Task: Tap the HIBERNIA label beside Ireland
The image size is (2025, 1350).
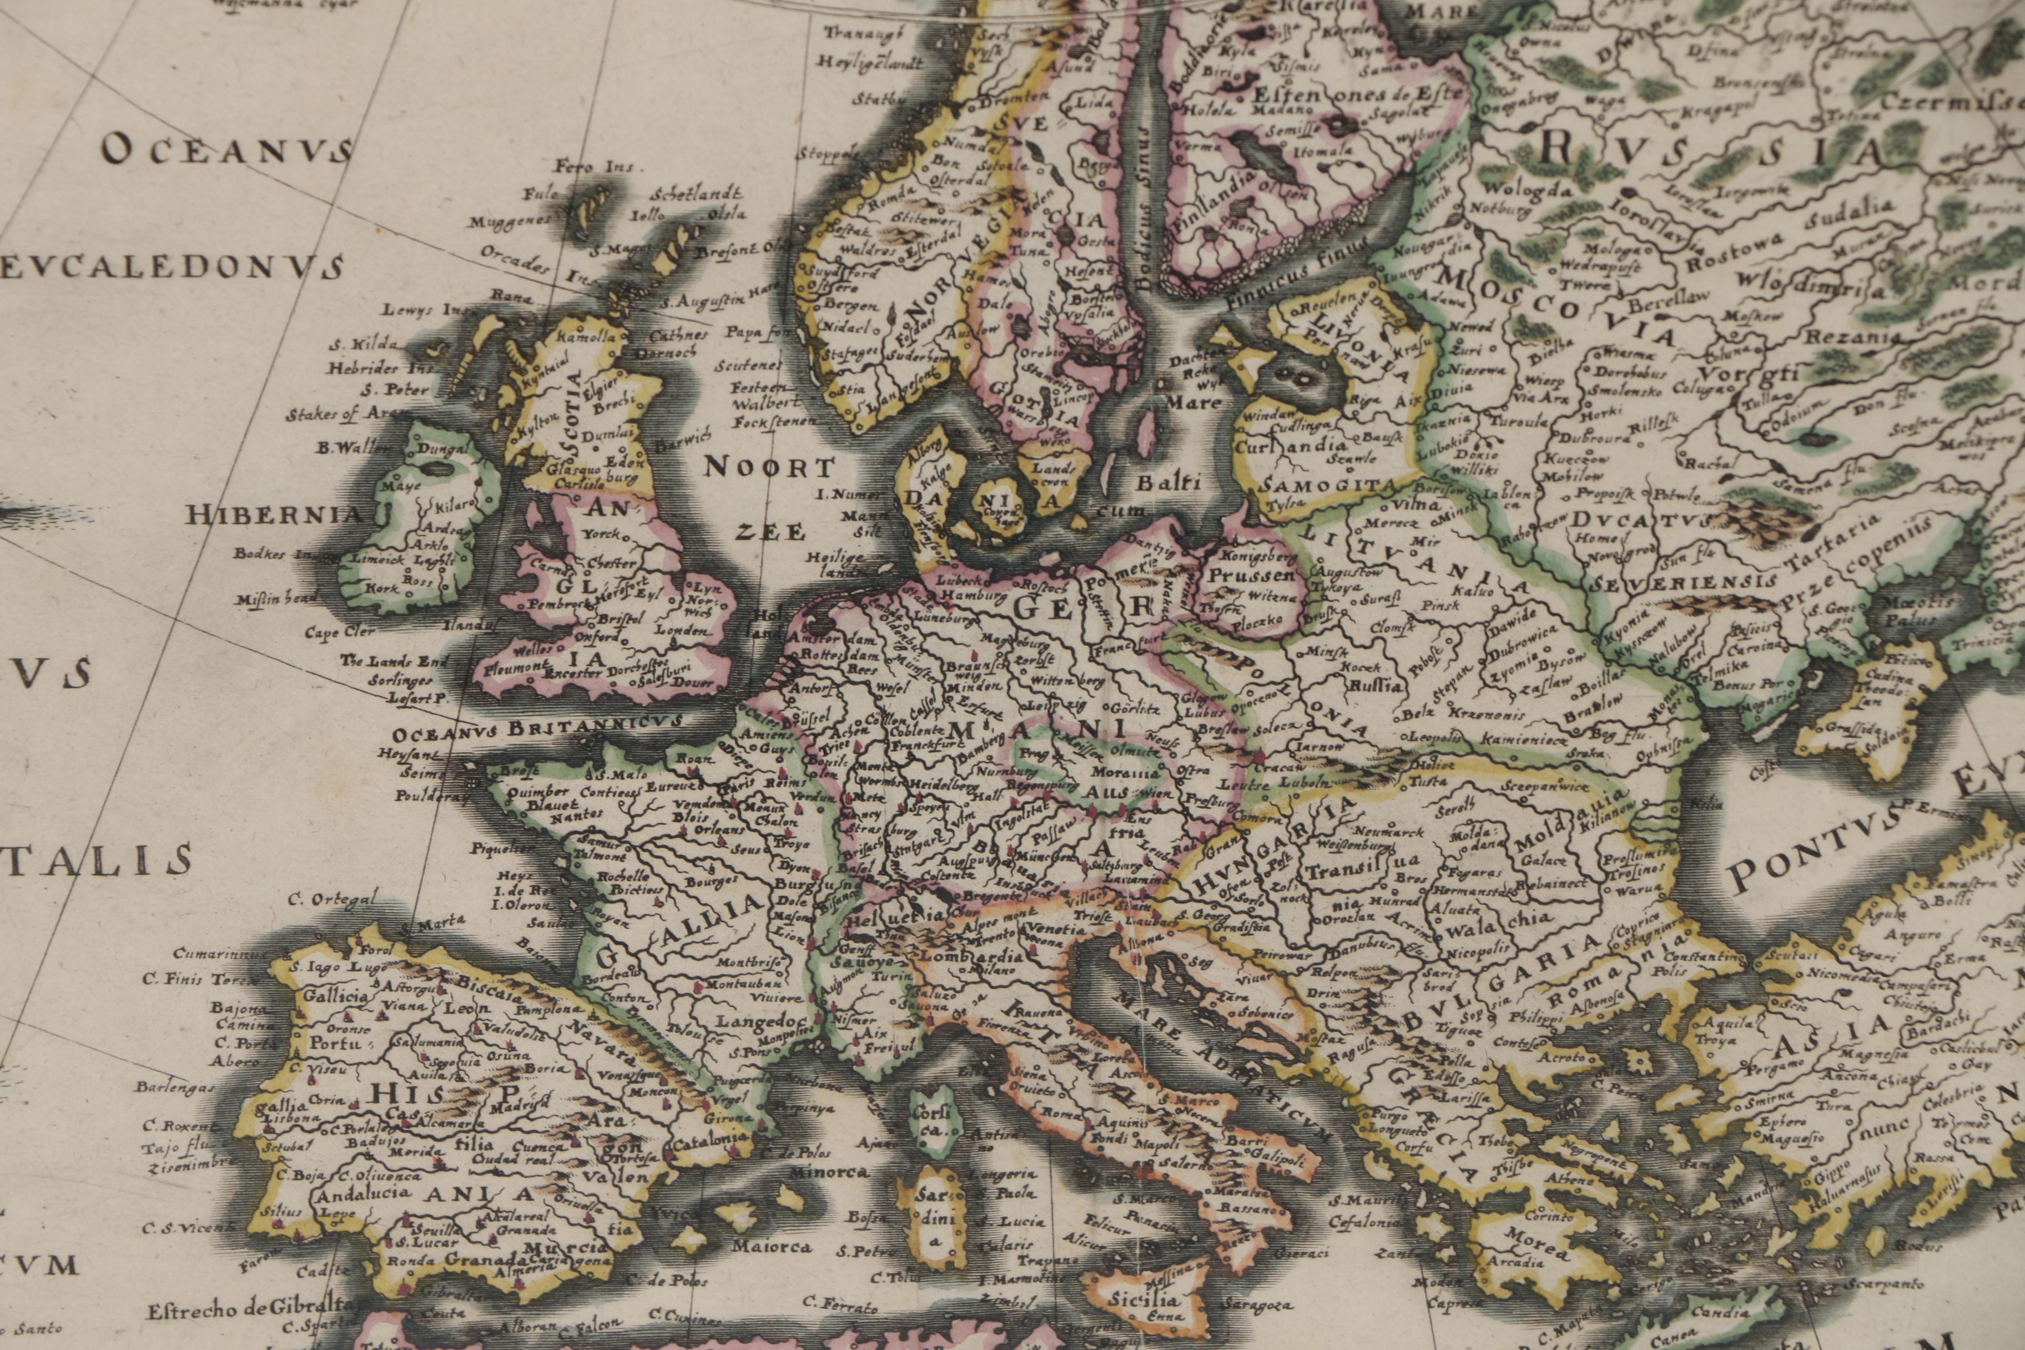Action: click(x=274, y=516)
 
